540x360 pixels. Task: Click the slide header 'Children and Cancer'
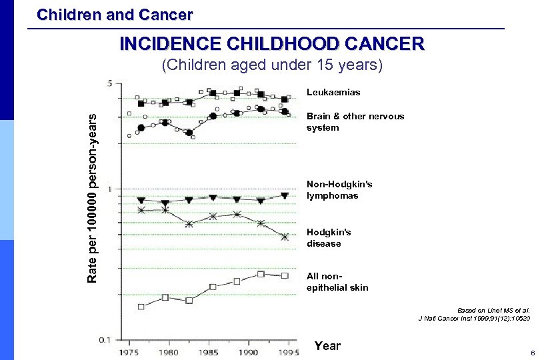coord(115,14)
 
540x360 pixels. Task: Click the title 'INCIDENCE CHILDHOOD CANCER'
coord(271,44)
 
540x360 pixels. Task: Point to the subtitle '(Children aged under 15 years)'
coord(273,65)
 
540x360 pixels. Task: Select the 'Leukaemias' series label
coord(333,92)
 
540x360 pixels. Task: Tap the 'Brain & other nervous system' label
coord(355,121)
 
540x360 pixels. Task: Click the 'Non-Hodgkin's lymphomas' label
coord(339,189)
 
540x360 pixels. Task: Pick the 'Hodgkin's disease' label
coord(329,237)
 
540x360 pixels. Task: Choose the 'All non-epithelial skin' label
coord(337,281)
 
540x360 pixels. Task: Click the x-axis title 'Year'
coord(327,345)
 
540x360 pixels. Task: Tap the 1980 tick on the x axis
coord(169,351)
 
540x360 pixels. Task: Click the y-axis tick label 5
coord(109,84)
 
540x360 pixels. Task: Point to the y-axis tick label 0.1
coord(105,339)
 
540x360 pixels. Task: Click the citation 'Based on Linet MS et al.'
coord(493,310)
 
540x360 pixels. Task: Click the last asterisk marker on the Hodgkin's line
coord(285,237)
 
